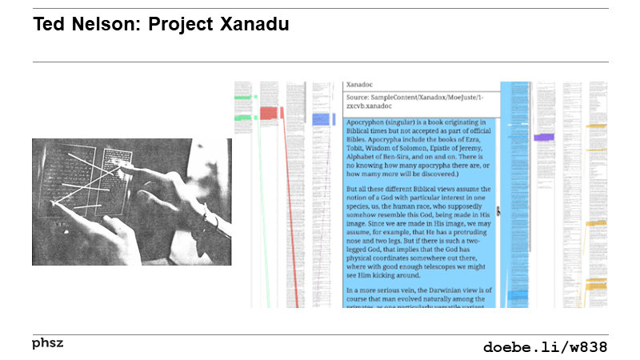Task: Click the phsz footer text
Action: click(x=47, y=343)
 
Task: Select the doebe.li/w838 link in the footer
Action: click(x=545, y=347)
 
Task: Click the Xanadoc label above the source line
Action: click(x=360, y=84)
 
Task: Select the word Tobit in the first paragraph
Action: click(x=356, y=147)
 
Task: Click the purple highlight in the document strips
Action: click(x=543, y=138)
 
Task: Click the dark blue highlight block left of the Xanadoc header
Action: click(x=323, y=118)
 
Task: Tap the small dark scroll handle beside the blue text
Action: click(x=498, y=211)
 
